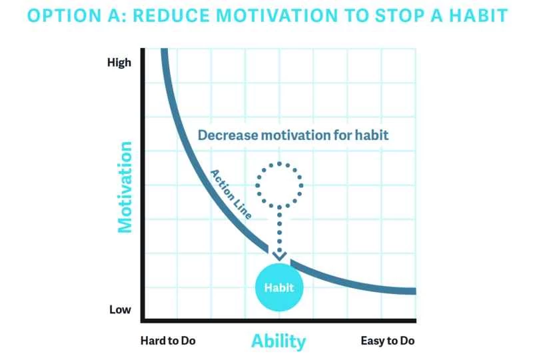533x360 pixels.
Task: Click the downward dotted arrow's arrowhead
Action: click(x=280, y=255)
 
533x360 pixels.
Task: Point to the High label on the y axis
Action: click(x=119, y=63)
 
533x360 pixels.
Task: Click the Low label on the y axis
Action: click(x=121, y=310)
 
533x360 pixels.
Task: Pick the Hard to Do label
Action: click(x=168, y=341)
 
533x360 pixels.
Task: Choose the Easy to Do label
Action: click(x=388, y=341)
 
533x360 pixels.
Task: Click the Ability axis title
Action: click(x=278, y=341)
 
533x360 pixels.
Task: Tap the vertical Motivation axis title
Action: click(x=126, y=186)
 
